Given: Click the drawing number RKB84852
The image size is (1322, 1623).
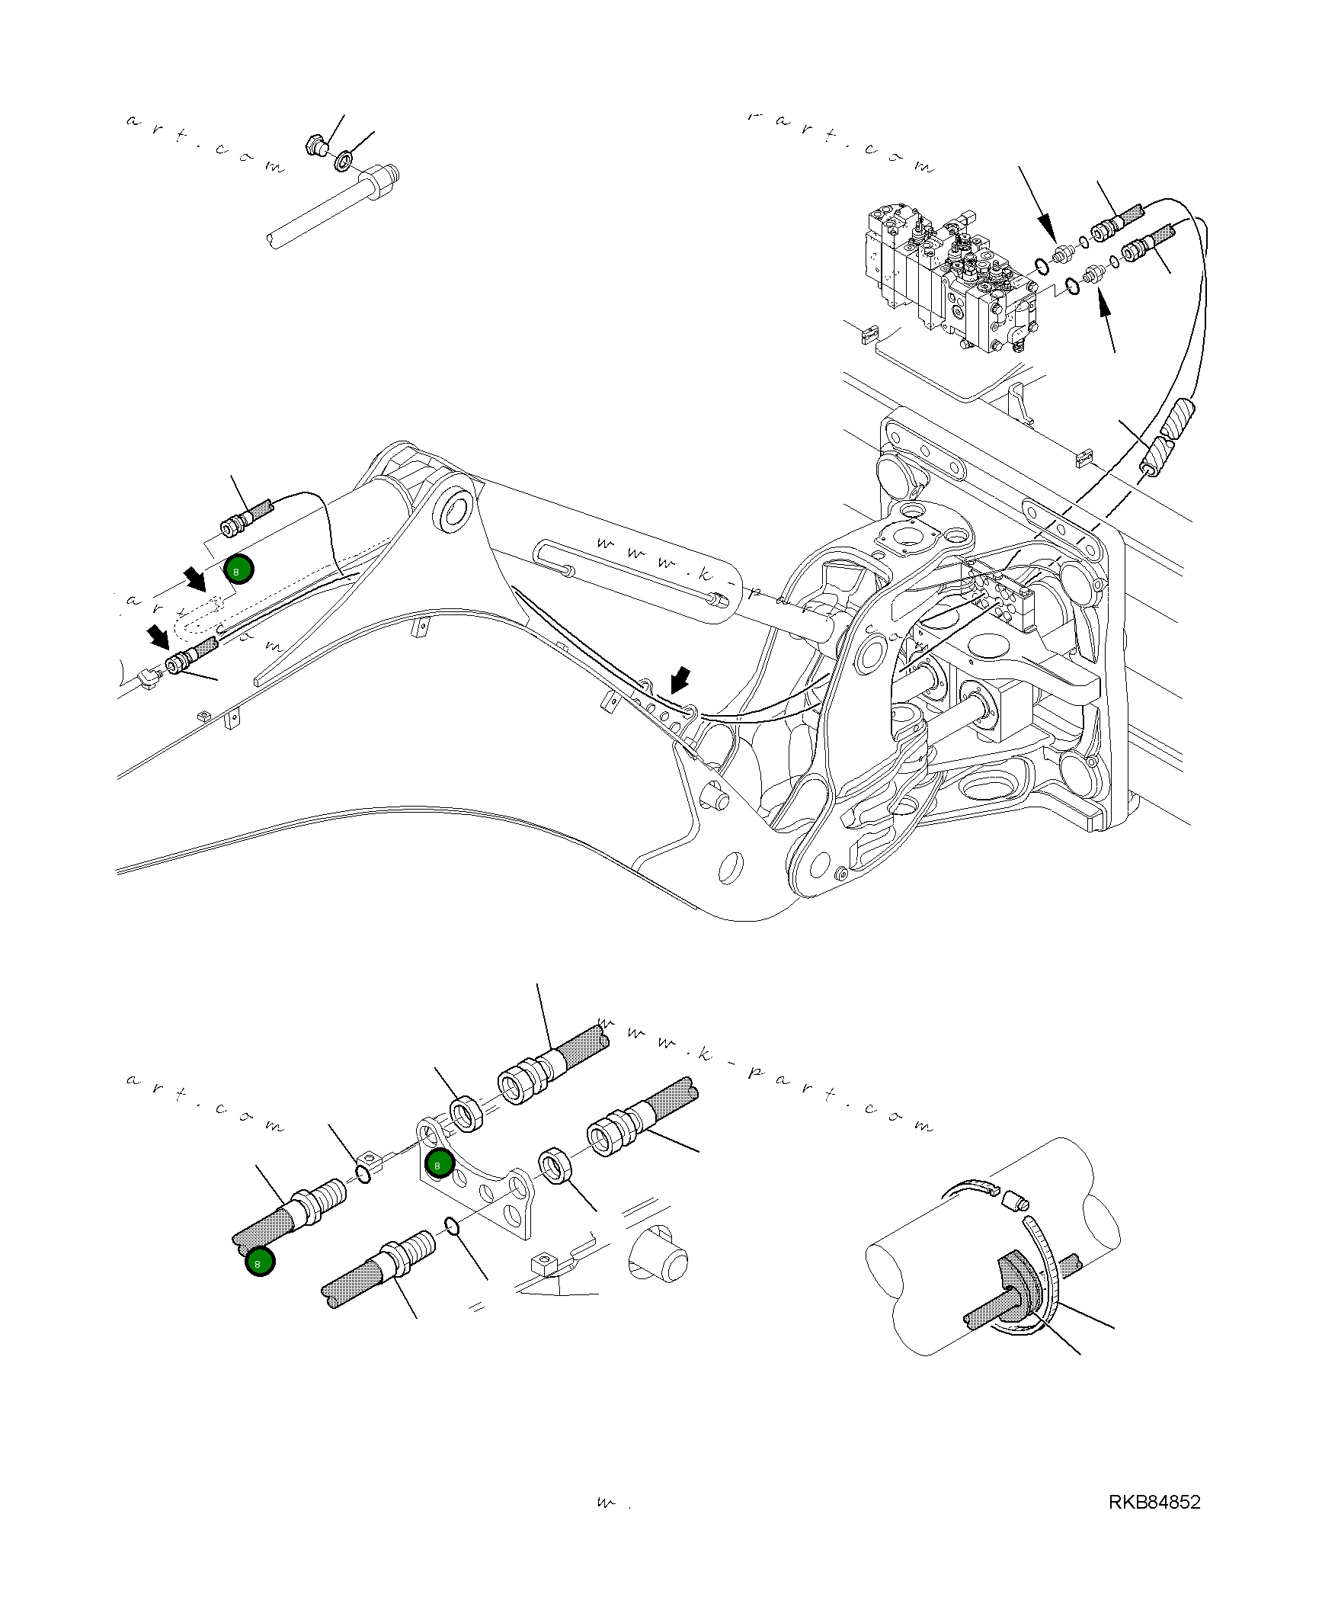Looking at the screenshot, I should click(x=1154, y=1502).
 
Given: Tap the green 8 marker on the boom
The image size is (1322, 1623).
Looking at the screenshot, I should click(x=238, y=569).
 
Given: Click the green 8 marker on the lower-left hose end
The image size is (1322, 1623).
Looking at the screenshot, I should click(x=260, y=1262).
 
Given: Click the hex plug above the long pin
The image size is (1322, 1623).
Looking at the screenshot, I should click(x=315, y=143).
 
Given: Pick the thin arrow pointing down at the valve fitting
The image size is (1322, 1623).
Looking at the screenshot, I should click(x=1039, y=206).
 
